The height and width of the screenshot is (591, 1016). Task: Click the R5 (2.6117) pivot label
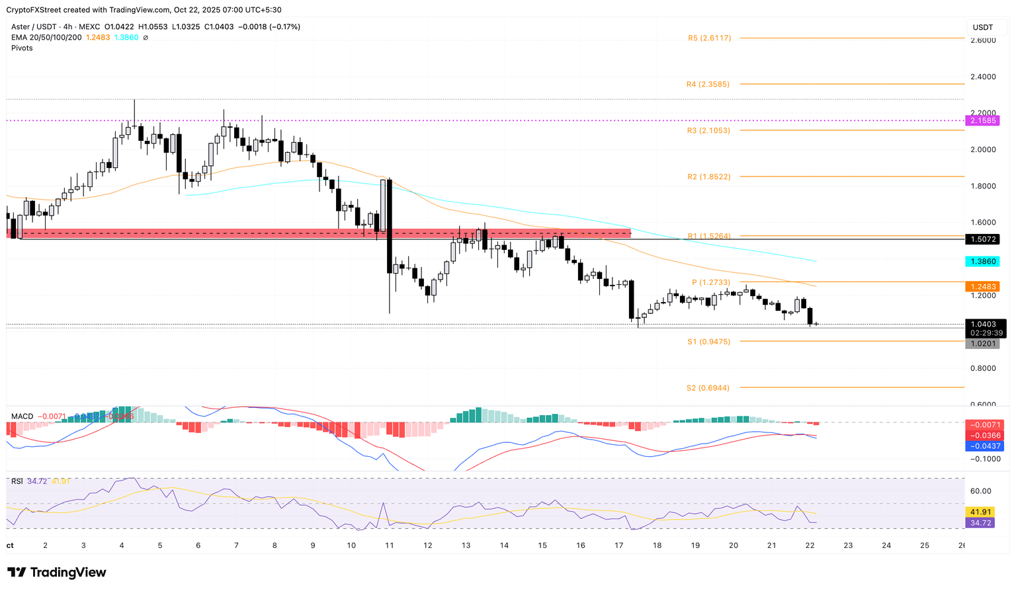[709, 38]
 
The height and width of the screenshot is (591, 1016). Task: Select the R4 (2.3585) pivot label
[708, 85]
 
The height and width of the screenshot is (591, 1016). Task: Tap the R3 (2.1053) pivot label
[708, 131]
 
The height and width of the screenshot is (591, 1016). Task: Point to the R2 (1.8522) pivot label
[708, 177]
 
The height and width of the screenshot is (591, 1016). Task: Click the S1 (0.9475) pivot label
[708, 342]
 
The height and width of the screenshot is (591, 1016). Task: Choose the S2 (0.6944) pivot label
[708, 388]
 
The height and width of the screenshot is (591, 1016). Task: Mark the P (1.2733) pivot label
[711, 282]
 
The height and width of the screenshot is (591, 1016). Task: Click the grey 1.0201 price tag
[982, 344]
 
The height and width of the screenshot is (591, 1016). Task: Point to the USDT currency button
[983, 27]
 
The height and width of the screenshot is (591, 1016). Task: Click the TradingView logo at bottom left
[57, 572]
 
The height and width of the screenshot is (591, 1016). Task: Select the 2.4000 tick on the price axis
[982, 77]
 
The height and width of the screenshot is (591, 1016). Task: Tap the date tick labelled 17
[619, 545]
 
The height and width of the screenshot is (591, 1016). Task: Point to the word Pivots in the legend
[22, 48]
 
